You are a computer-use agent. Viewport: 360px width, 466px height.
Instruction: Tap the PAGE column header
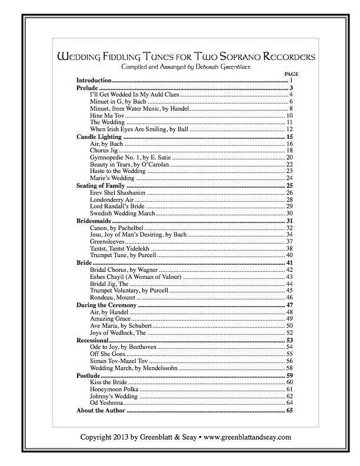click(285, 74)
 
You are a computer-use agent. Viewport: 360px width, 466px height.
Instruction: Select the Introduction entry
click(94, 80)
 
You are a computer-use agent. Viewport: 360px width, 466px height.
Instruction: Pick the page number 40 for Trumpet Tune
click(289, 255)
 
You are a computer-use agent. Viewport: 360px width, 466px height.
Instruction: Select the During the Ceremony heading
click(106, 305)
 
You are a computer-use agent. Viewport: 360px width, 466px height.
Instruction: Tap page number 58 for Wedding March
click(289, 368)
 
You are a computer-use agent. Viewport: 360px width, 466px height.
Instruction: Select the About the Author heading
click(101, 410)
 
